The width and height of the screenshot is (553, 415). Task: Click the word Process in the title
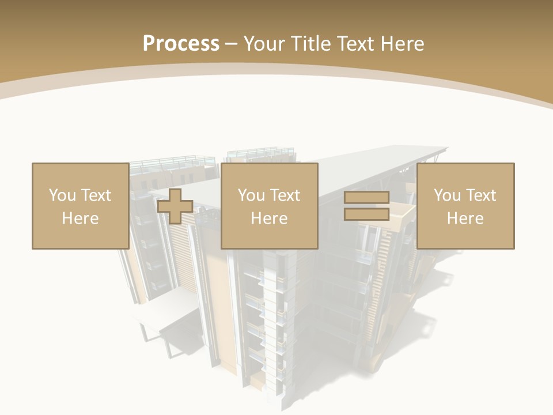[181, 44]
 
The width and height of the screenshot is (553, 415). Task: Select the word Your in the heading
[263, 44]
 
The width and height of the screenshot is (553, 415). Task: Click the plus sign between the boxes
[175, 206]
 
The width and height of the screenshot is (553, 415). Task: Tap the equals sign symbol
[366, 206]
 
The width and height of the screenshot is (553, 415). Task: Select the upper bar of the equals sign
[366, 198]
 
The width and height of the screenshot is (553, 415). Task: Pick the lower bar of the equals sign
[366, 214]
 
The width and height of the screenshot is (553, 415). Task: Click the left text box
[80, 206]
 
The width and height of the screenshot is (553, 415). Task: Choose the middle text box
[269, 206]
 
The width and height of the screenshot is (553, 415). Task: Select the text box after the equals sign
[465, 206]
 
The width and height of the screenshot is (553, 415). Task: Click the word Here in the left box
[80, 218]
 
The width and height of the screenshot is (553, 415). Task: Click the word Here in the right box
[465, 218]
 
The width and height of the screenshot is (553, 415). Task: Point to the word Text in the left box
[95, 195]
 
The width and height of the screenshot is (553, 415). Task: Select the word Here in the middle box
[269, 218]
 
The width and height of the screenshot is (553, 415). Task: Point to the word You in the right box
[447, 195]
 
